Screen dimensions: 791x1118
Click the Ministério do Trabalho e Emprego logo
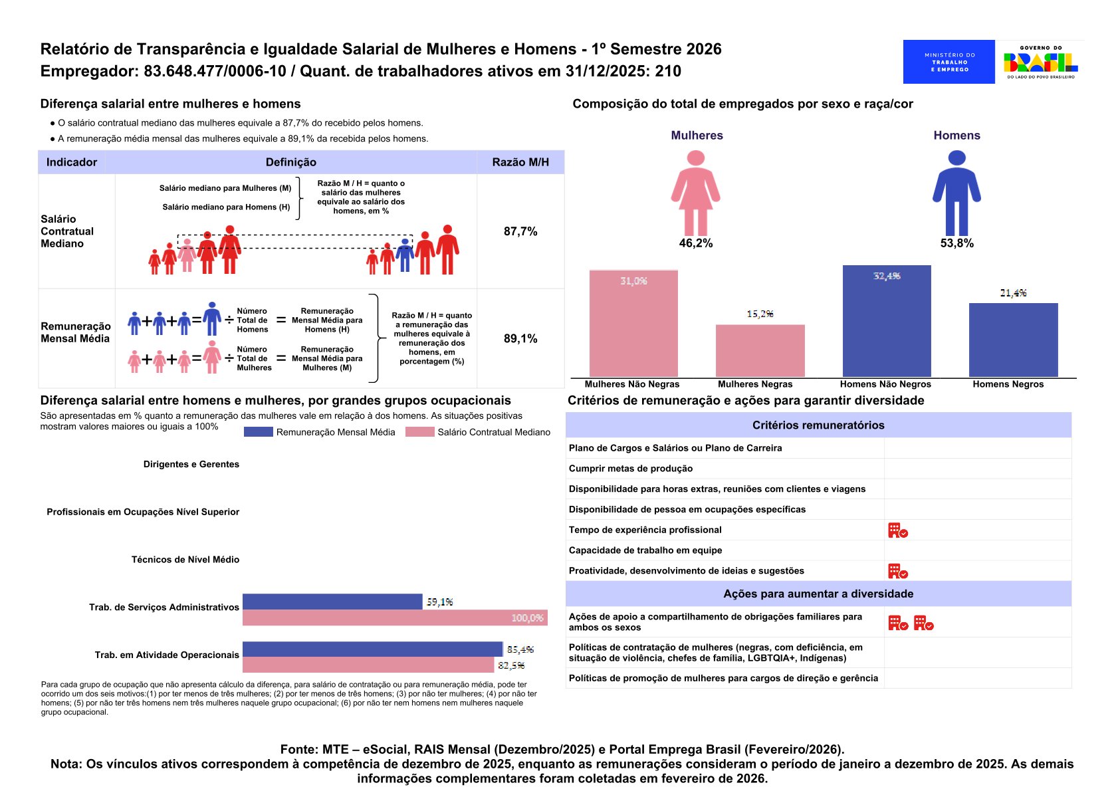tap(949, 62)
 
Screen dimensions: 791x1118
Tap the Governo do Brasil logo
tap(1040, 62)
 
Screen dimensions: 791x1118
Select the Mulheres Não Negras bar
tap(633, 324)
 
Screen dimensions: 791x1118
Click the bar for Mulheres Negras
tap(760, 350)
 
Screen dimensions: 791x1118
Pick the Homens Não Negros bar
tap(887, 321)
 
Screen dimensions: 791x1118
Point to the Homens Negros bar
tap(1013, 340)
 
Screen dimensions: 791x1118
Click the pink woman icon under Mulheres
tap(695, 193)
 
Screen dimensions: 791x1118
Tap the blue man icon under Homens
tap(956, 193)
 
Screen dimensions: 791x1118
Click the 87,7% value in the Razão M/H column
tap(520, 231)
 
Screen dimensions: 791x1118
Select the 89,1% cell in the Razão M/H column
tap(520, 338)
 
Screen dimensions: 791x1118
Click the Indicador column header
tap(72, 162)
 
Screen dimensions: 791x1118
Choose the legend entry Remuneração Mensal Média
tap(320, 432)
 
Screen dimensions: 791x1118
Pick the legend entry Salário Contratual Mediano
tap(479, 432)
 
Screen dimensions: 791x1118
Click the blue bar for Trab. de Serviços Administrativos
tap(332, 602)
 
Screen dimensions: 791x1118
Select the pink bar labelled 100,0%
tap(395, 618)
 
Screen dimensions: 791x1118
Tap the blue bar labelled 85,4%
tap(372, 649)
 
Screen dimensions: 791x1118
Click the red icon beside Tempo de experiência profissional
tap(897, 530)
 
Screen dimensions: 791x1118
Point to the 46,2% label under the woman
tap(695, 243)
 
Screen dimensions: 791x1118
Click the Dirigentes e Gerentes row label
tap(191, 464)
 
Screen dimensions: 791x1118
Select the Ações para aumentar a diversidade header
tap(818, 594)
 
